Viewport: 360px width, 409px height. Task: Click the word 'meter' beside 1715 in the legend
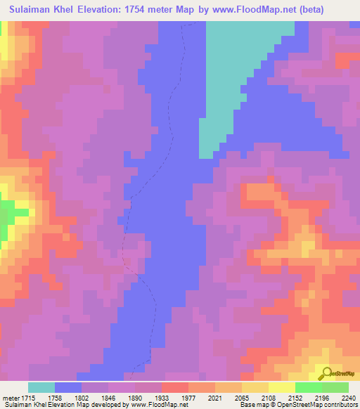(x=11, y=397)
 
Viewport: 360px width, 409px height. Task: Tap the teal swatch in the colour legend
(x=41, y=387)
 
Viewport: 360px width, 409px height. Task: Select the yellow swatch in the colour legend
(x=281, y=387)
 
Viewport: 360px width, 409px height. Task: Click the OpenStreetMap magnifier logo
(x=326, y=373)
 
